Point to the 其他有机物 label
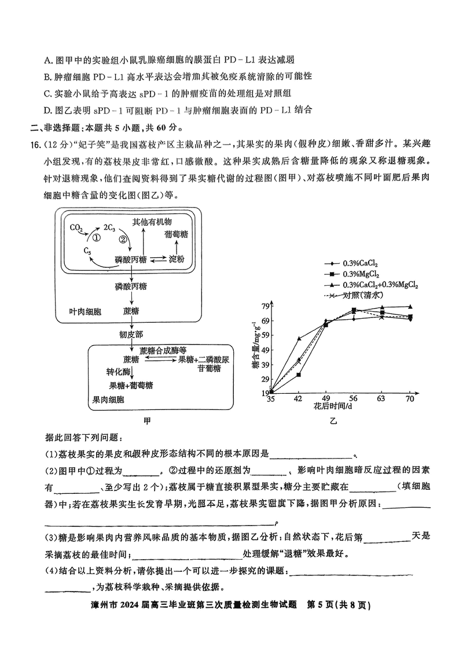point(152,221)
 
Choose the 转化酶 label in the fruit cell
point(119,372)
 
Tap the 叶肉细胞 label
point(85,311)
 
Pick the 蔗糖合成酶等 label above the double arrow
point(163,350)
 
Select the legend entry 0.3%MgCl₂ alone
point(365,274)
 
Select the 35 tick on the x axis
point(270,398)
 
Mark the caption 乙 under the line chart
point(333,422)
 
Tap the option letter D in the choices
point(47,109)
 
